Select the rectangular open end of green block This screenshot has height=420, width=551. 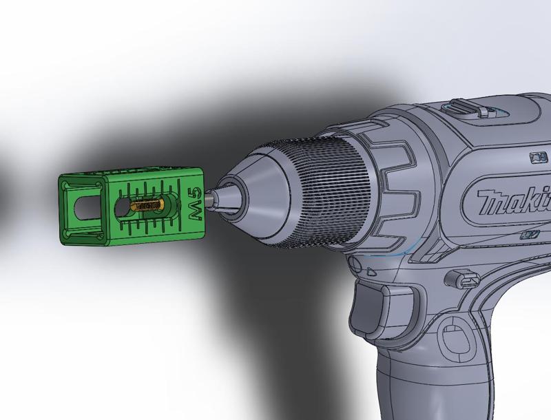81,210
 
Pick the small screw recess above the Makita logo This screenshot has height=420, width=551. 534,158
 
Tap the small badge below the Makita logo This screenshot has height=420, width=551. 529,235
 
